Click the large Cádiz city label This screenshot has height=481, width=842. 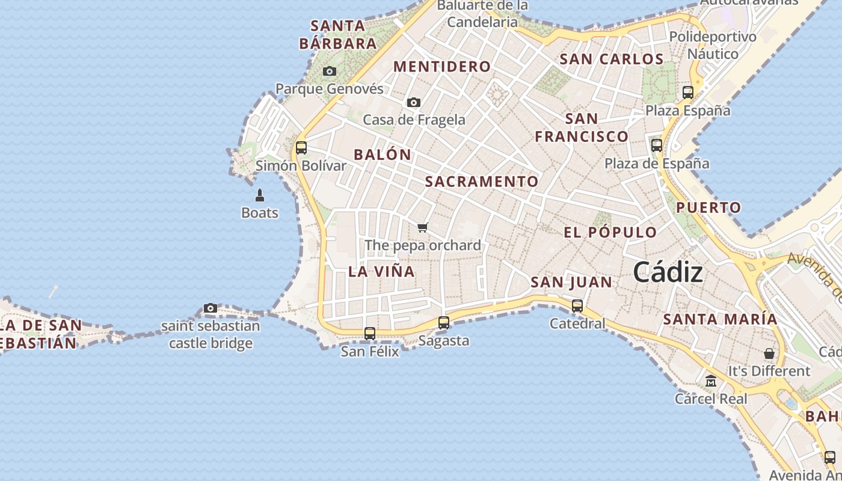click(x=668, y=273)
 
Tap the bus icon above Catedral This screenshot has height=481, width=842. click(x=577, y=305)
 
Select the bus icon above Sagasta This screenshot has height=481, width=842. click(x=444, y=323)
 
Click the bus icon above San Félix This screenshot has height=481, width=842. click(x=370, y=333)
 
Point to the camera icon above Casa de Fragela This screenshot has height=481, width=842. click(x=414, y=102)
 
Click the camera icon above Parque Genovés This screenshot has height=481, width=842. click(x=329, y=71)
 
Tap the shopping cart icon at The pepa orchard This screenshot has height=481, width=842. click(x=423, y=227)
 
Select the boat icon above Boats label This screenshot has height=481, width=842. click(x=260, y=195)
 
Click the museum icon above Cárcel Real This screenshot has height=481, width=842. click(x=711, y=381)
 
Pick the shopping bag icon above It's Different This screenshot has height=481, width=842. click(x=769, y=353)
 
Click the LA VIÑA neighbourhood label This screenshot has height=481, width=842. click(x=381, y=271)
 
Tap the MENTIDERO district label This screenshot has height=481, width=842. click(x=442, y=67)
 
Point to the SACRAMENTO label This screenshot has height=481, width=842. click(x=482, y=182)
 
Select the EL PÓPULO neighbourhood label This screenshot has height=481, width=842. click(x=610, y=232)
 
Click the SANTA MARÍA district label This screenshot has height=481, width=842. click(x=720, y=319)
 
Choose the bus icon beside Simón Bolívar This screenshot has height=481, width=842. click(x=301, y=147)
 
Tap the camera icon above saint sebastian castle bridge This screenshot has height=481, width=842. click(x=210, y=308)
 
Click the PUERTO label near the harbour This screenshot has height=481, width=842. click(x=708, y=208)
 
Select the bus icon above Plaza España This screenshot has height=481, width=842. click(x=688, y=93)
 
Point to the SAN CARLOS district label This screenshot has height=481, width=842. click(x=611, y=59)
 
